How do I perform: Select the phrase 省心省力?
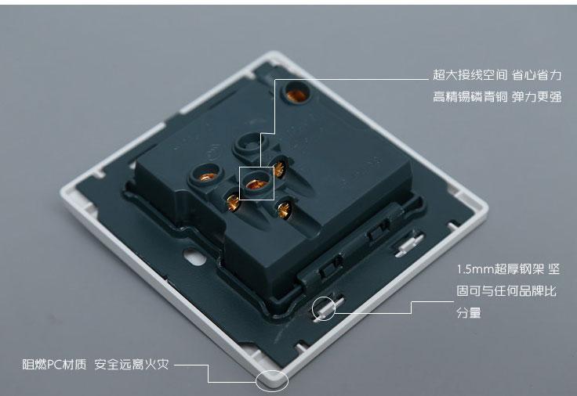coord(536,75)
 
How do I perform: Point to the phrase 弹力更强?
coord(536,96)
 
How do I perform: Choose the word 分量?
coord(469,312)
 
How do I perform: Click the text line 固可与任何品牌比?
coord(506,291)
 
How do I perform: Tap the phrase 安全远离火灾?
coord(132,365)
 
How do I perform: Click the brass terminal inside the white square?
coord(256,184)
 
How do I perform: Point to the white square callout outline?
coord(240,184)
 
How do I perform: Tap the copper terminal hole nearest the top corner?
coord(296,95)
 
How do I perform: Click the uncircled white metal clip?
coord(409,244)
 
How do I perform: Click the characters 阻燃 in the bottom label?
coord(35,365)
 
